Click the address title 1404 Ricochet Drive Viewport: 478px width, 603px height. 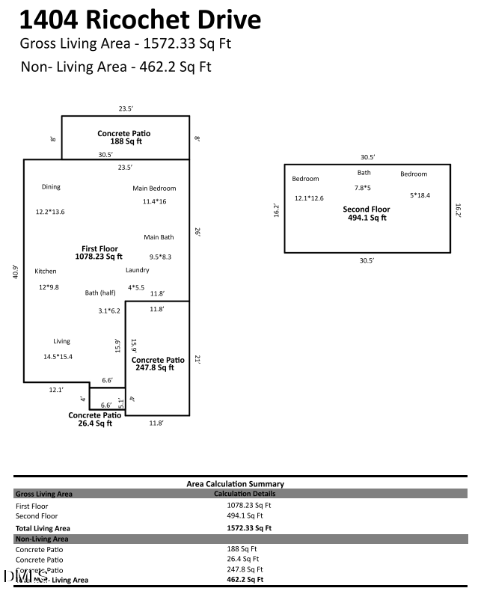coord(141,19)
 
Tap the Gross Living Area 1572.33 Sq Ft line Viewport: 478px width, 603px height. coord(126,43)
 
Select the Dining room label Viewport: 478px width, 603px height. coord(51,187)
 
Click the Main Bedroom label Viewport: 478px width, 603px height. coord(154,189)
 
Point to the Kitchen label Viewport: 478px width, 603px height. coord(46,271)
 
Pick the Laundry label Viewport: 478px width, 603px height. coord(138,270)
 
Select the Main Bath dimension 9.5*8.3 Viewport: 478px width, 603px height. coord(160,257)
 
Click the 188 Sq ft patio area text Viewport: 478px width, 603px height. coord(125,141)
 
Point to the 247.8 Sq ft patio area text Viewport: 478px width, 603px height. coord(155,367)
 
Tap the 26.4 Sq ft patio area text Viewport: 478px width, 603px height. coord(95,423)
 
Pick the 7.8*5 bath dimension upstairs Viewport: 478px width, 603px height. coord(363,188)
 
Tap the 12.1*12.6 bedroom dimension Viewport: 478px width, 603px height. coord(309,198)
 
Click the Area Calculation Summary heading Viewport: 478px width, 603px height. coord(235,484)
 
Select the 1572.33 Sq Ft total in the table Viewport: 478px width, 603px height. coord(249,527)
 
